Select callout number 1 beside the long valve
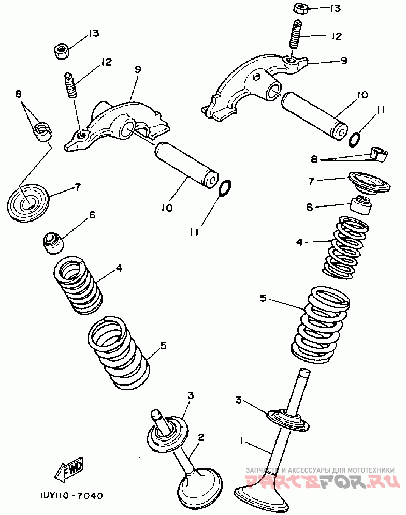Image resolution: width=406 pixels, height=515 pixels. point(241,440)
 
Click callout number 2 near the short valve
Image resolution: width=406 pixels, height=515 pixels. point(200,437)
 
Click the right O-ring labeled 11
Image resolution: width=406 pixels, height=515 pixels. point(355,139)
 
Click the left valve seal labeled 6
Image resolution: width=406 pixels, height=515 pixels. point(52,243)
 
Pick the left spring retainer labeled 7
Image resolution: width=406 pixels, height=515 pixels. point(28,202)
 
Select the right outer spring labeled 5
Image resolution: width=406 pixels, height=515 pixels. point(320,324)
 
